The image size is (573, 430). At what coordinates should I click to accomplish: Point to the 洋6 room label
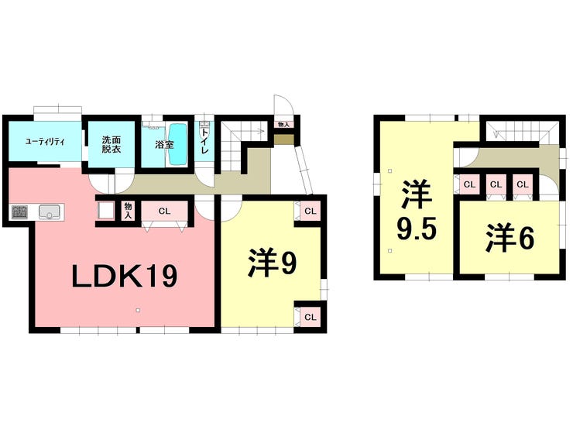(510, 239)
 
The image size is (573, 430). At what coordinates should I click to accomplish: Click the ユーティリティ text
(44, 141)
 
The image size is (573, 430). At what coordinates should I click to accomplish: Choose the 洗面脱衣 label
(111, 145)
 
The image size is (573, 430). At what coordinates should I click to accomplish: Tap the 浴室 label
(163, 144)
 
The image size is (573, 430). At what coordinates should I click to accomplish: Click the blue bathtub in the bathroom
(179, 144)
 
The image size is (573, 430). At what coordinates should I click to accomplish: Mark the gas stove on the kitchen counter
(19, 212)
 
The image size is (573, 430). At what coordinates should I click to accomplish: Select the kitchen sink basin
(50, 212)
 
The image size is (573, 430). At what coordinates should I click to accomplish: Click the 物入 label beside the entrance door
(283, 124)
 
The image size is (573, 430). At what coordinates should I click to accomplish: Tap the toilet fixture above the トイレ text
(204, 125)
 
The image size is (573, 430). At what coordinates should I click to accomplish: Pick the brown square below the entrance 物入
(283, 139)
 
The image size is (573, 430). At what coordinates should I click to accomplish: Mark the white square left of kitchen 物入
(107, 211)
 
